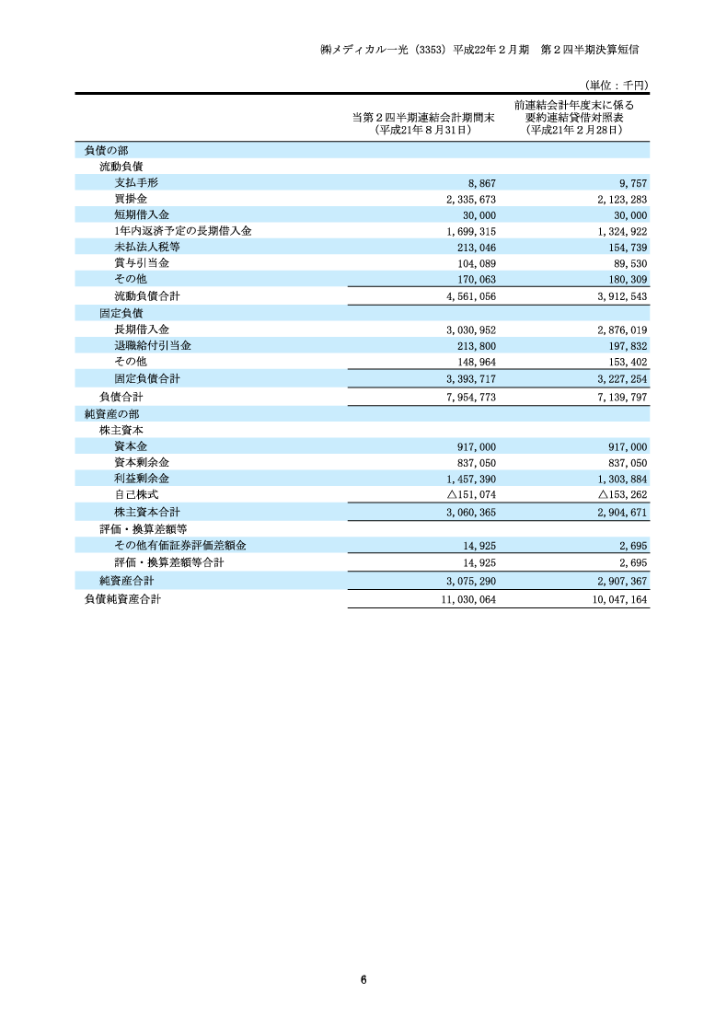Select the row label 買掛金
(x=131, y=199)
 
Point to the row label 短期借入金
(x=142, y=214)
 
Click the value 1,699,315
(x=470, y=231)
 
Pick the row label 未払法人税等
(x=147, y=247)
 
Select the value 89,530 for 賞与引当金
(x=629, y=262)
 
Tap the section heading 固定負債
(x=121, y=313)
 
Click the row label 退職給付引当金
(x=153, y=345)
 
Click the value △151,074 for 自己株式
(x=465, y=495)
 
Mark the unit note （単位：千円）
(x=617, y=85)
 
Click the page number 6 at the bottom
(x=364, y=978)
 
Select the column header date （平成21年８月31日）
(x=424, y=131)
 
